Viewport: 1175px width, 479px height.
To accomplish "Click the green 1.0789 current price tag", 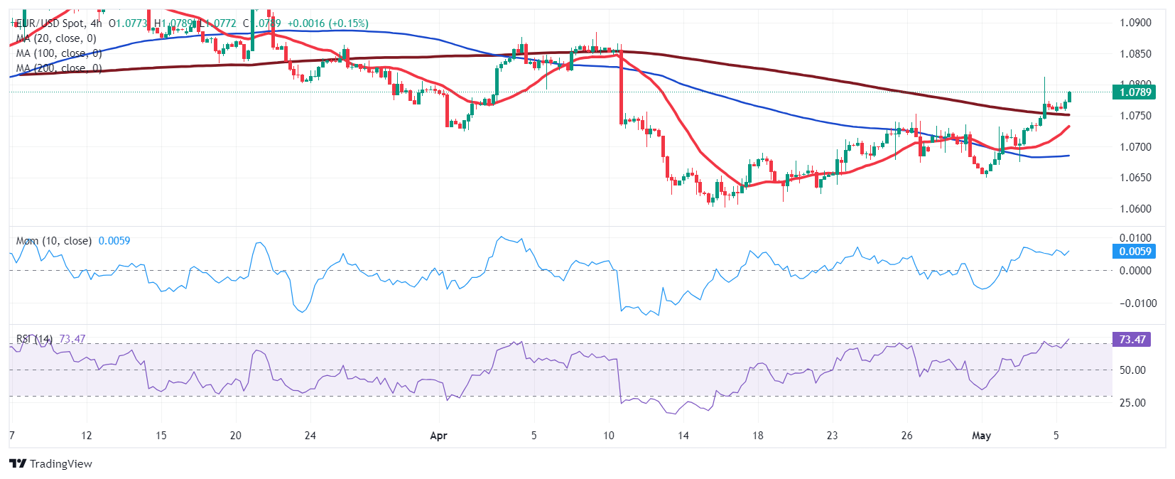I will click(1135, 92).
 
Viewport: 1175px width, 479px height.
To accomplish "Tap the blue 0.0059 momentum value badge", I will click(1135, 252).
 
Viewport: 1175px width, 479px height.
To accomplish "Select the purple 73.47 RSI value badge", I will click(1132, 340).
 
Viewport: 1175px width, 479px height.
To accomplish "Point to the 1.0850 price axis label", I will click(1135, 54).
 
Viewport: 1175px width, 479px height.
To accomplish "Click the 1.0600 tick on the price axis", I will click(1135, 209).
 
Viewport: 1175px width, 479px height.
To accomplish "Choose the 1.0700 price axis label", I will click(1135, 147).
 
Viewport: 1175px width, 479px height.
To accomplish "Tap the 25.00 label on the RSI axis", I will click(1132, 403).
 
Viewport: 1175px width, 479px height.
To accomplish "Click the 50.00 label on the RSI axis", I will click(1132, 370).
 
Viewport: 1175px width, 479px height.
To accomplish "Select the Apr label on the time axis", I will click(438, 436).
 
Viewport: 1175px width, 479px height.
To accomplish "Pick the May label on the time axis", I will click(981, 436).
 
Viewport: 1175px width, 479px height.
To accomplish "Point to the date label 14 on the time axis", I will click(683, 436).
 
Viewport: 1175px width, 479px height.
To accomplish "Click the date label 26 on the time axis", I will click(906, 436).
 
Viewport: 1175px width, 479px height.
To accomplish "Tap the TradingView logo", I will click(51, 464).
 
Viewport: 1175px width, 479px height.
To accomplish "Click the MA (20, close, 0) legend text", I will click(56, 38).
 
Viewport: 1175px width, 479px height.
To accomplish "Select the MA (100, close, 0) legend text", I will click(59, 53).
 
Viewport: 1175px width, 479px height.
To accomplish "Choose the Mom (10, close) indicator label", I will click(54, 241).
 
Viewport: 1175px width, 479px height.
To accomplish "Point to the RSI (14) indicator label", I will click(34, 339).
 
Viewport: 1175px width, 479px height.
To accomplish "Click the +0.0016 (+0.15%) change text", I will click(327, 23).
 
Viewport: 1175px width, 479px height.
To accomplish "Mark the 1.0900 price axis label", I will click(1135, 23).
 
